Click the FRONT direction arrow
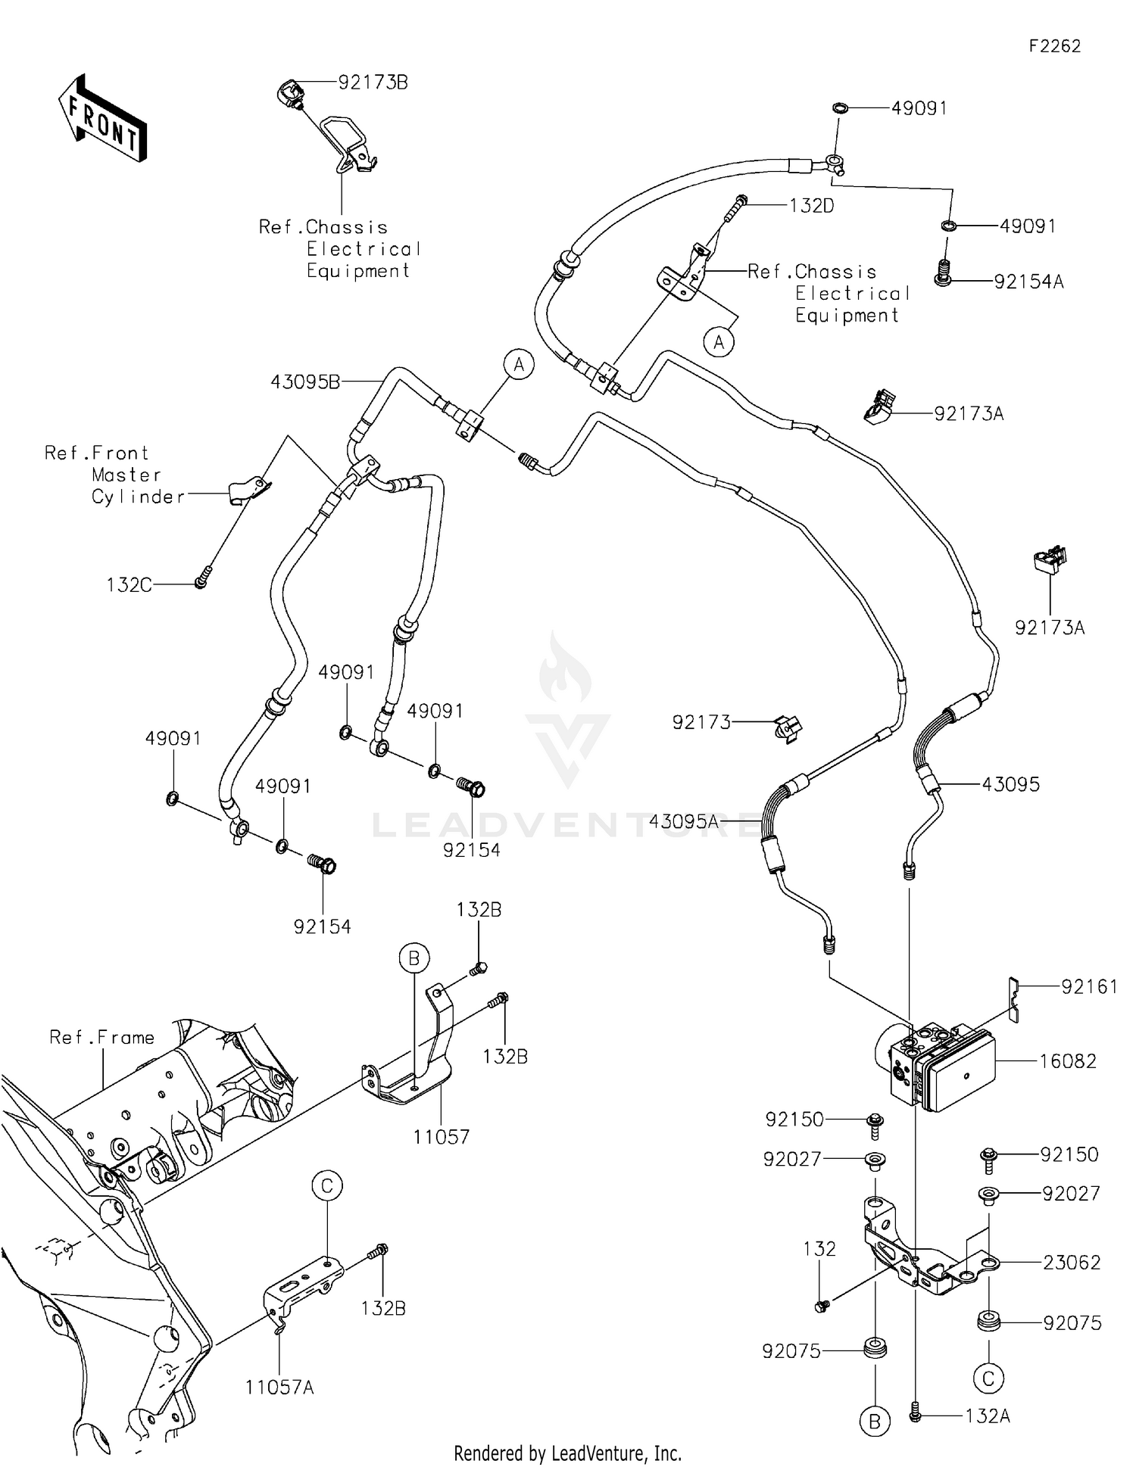pos(102,119)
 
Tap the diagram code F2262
pos(1054,46)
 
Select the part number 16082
pos(1067,1061)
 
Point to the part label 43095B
pos(305,382)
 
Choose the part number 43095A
pos(683,821)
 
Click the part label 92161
pos(1089,987)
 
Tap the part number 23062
pos(1071,1263)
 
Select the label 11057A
pos(279,1388)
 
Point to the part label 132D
pos(811,206)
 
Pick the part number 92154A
pos(1028,282)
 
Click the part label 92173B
pos(373,83)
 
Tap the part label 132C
pos(129,585)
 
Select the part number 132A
pos(988,1416)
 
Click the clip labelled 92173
pos(788,728)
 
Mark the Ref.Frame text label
pos(101,1037)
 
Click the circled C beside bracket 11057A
pos(327,1186)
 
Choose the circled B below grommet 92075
pos(875,1422)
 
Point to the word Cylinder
pos(139,497)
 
